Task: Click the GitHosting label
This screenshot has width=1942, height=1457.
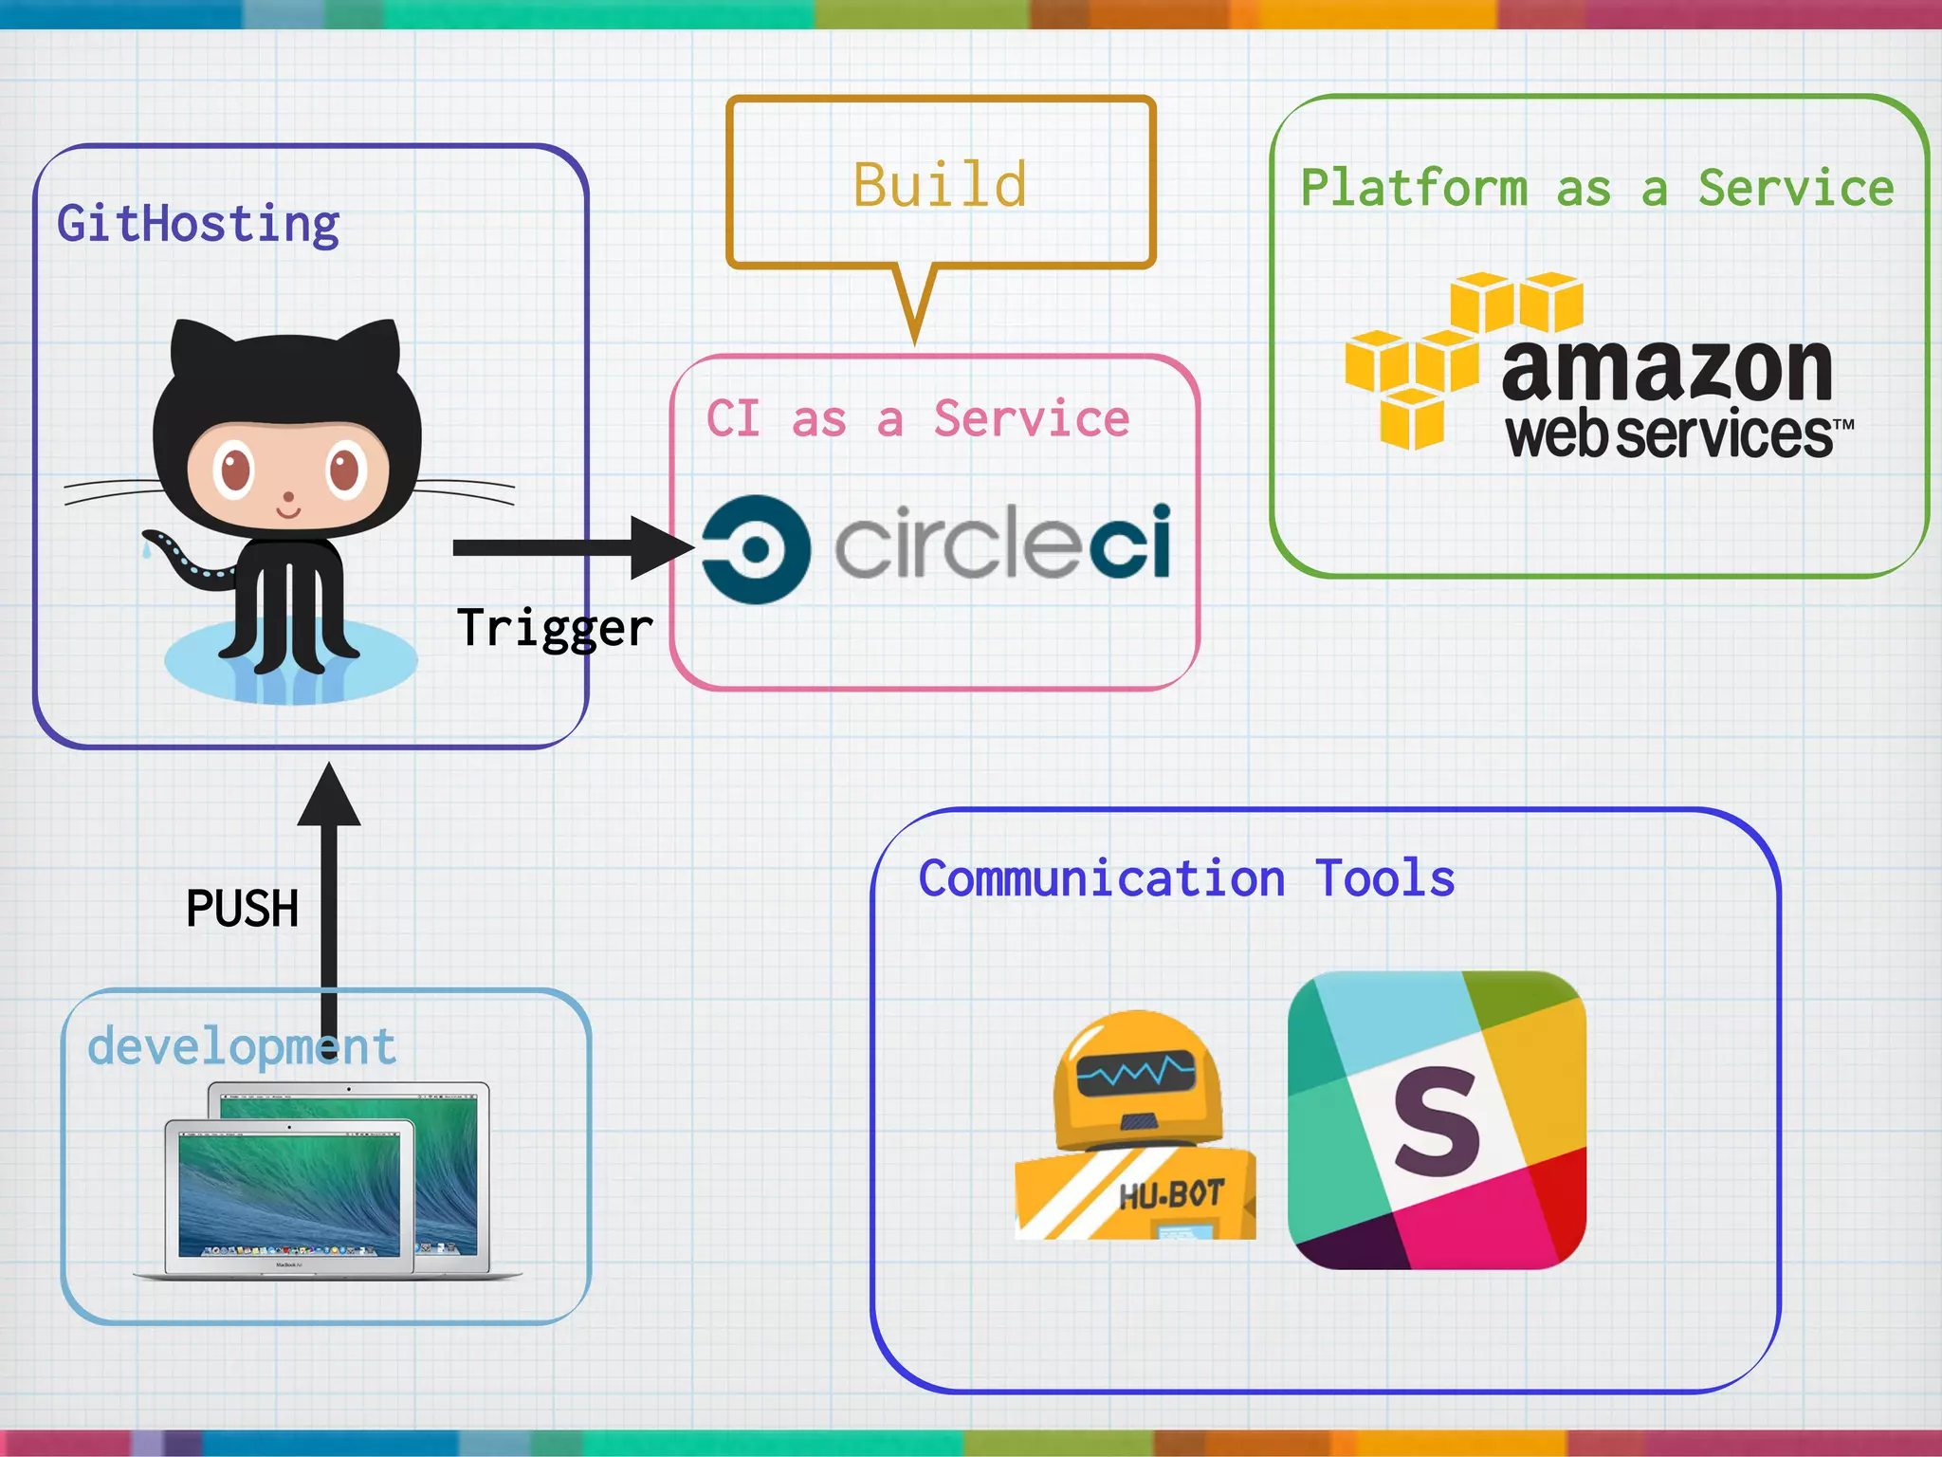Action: (x=198, y=224)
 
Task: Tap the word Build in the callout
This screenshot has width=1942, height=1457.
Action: (x=940, y=184)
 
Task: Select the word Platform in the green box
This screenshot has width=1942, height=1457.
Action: (x=1413, y=188)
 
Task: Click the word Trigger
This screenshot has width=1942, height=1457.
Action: (x=555, y=628)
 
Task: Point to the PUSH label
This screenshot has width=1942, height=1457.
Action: (x=242, y=909)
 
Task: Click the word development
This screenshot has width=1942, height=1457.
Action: (x=241, y=1047)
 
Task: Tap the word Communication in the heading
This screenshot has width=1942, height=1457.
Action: (x=1102, y=878)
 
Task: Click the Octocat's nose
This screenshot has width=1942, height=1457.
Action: (x=289, y=496)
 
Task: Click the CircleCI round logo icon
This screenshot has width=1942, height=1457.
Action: (x=756, y=549)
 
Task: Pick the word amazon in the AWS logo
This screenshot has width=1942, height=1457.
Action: (x=1666, y=370)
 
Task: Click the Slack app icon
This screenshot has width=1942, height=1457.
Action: (x=1437, y=1120)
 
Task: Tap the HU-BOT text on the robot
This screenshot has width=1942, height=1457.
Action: (x=1171, y=1195)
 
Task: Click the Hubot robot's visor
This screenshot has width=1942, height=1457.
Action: (x=1135, y=1075)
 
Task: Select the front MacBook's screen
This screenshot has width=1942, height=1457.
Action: (x=289, y=1191)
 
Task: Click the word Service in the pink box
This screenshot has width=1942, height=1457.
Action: (x=1032, y=418)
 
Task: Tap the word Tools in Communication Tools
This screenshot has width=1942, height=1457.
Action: (x=1384, y=878)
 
